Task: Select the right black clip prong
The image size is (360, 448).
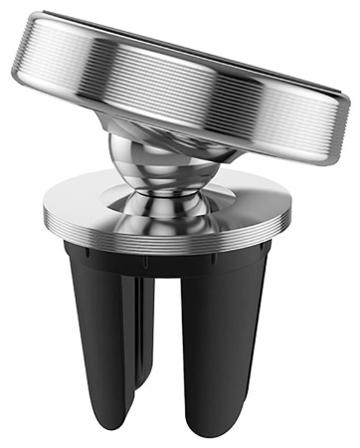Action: (x=240, y=329)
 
